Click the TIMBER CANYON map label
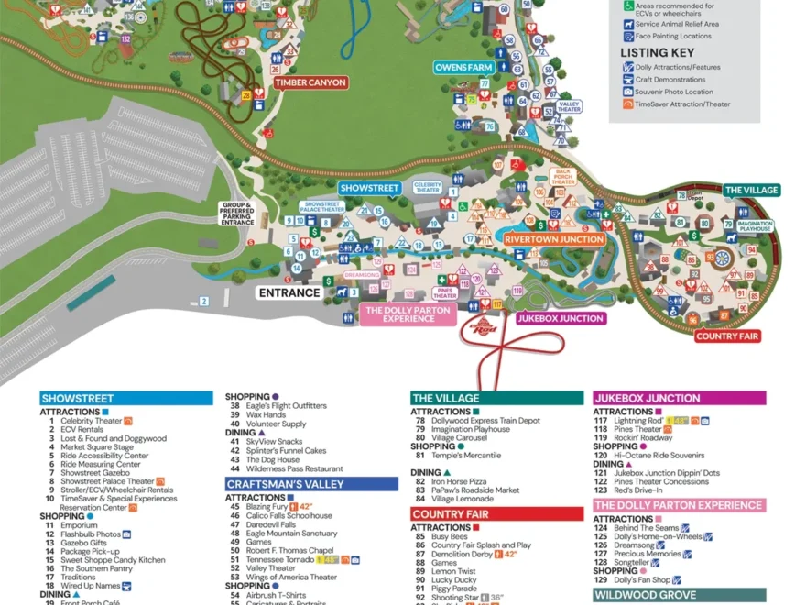coord(310,82)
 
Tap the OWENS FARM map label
coord(464,68)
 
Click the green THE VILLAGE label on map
coord(751,191)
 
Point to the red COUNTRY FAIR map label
coord(727,336)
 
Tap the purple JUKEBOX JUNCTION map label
coord(561,319)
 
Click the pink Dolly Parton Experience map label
coord(408,314)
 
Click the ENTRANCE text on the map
coord(289,293)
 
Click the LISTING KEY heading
coord(657,53)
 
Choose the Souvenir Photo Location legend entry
coord(673,92)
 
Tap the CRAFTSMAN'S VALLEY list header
coord(285,484)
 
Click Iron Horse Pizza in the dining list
coord(458,481)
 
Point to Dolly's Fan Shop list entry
coord(642,580)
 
